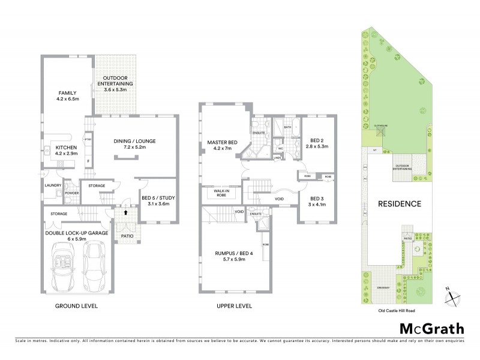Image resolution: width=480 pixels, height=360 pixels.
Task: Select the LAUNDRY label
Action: [53, 185]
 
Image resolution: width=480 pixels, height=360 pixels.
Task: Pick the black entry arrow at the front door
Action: [125, 212]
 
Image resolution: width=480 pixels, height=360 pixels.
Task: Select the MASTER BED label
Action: [223, 142]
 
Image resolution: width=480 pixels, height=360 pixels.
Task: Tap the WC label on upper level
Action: [280, 148]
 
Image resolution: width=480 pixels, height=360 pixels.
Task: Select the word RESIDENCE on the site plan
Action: [399, 204]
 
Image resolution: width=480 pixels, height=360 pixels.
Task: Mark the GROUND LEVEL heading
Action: [77, 306]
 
